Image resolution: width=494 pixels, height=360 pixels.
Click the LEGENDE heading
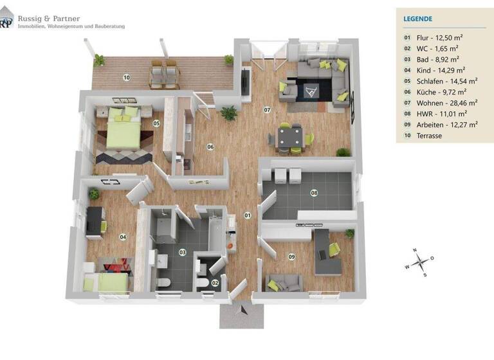pyautogui.click(x=418, y=20)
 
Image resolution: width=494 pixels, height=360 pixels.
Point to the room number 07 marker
pyautogui.click(x=266, y=110)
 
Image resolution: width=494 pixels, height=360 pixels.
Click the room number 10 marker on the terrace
pyautogui.click(x=127, y=78)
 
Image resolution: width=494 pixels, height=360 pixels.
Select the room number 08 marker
pyautogui.click(x=314, y=192)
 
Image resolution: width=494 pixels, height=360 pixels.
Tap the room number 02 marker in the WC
pyautogui.click(x=215, y=282)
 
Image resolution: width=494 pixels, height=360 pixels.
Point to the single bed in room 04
pyautogui.click(x=109, y=280)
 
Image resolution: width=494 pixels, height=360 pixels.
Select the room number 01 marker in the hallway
pyautogui.click(x=247, y=215)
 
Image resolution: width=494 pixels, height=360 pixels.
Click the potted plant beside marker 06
pyautogui.click(x=228, y=114)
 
